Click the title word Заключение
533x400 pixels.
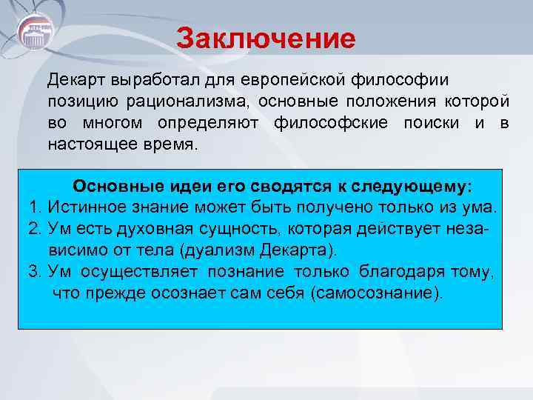click(266, 38)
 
